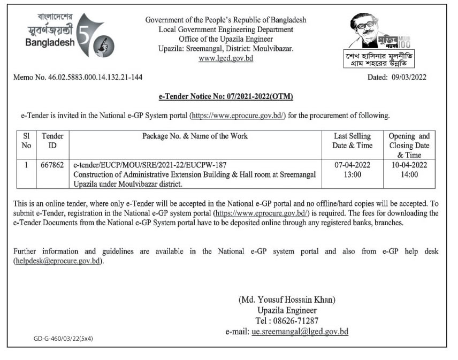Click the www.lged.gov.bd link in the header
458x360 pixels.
(226, 58)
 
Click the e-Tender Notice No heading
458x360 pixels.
(226, 96)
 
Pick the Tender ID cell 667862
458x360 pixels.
(52, 164)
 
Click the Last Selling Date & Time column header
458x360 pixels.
(352, 141)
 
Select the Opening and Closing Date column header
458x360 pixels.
(409, 145)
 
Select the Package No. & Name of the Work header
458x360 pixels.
(195, 136)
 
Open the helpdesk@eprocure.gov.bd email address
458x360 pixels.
(58, 262)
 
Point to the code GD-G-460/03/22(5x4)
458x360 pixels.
(63, 339)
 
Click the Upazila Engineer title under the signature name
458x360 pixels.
(287, 310)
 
